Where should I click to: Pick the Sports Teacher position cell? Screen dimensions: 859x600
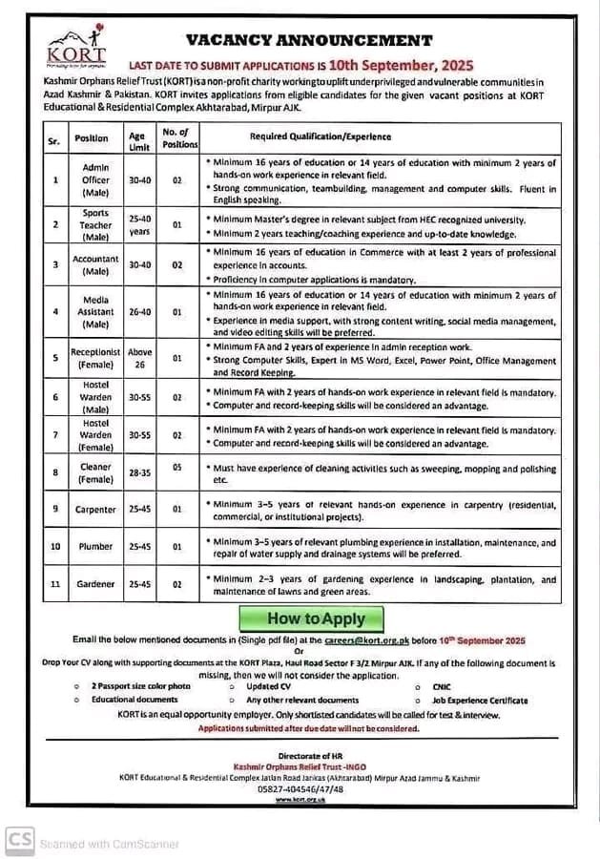95,224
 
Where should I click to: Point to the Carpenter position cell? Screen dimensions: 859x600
95,510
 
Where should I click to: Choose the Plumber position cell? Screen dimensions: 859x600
95,546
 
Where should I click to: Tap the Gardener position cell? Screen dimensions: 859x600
95,583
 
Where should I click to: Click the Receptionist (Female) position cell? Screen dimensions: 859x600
95,358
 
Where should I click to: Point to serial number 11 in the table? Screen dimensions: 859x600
55,583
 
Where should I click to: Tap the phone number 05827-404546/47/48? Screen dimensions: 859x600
300,790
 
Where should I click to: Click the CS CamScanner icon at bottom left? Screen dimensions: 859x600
19,839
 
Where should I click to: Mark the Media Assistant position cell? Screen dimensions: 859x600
95,311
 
